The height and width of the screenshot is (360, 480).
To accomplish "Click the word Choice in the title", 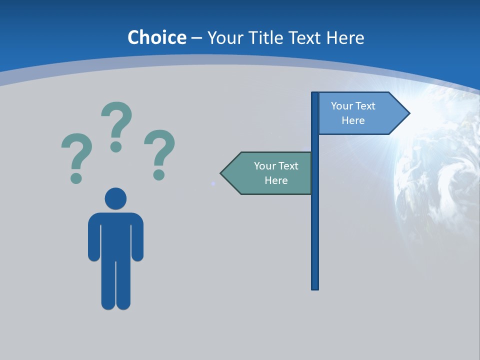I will pyautogui.click(x=156, y=38).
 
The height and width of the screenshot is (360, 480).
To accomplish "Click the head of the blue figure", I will pyautogui.click(x=115, y=198).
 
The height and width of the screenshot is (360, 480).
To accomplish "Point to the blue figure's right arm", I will pyautogui.click(x=137, y=237).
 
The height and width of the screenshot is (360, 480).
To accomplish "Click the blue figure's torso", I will pyautogui.click(x=115, y=235).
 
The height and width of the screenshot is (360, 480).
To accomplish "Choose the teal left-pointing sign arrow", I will pyautogui.click(x=267, y=173).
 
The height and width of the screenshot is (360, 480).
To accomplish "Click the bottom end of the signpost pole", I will pyautogui.click(x=315, y=287).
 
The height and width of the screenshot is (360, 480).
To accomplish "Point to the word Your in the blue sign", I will pyautogui.click(x=342, y=106).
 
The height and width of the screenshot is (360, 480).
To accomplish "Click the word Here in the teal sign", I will pyautogui.click(x=276, y=180).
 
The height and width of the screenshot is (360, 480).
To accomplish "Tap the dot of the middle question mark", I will pyautogui.click(x=116, y=146).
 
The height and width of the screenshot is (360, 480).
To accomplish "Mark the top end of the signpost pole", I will pyautogui.click(x=315, y=94).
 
